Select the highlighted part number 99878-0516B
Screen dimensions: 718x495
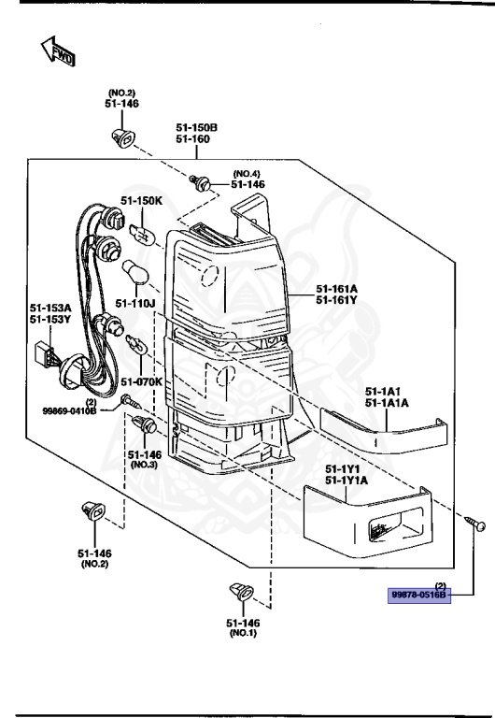(x=419, y=595)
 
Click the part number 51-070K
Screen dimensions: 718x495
(x=140, y=381)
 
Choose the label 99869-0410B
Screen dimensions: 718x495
(x=69, y=409)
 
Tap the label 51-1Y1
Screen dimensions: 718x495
(x=343, y=468)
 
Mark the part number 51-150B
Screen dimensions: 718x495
(x=196, y=127)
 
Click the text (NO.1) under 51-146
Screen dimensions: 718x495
(x=244, y=633)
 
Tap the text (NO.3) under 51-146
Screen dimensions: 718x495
(x=144, y=464)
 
